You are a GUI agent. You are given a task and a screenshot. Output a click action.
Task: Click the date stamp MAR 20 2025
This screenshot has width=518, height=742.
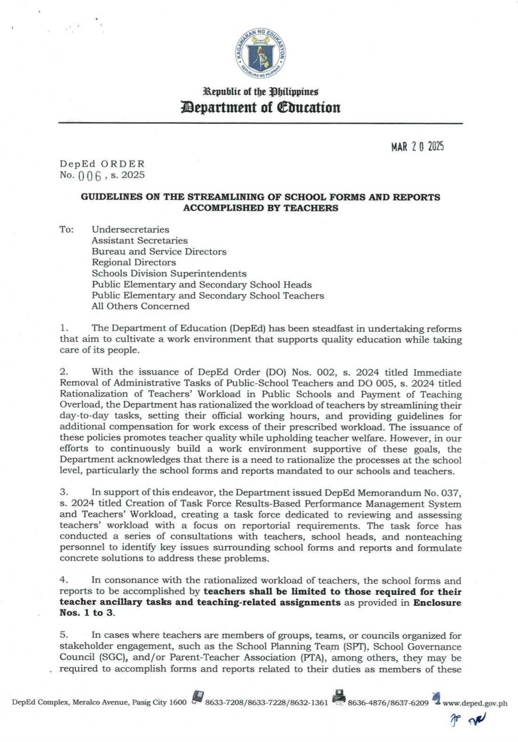click(x=417, y=146)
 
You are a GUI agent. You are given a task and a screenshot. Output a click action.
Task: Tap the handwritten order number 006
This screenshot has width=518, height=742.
click(x=88, y=176)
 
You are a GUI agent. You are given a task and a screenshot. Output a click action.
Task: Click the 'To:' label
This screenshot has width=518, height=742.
click(x=66, y=230)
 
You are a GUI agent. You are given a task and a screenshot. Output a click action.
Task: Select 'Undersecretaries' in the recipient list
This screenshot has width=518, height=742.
click(x=130, y=230)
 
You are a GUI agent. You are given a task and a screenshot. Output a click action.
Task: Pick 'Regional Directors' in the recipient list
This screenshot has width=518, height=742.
click(x=134, y=262)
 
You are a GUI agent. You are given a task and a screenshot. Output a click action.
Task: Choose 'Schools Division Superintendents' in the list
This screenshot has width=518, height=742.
click(x=169, y=274)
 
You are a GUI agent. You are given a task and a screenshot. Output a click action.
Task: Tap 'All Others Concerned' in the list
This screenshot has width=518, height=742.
click(x=140, y=306)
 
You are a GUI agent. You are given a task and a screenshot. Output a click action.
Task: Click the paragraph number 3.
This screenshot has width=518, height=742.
click(x=64, y=492)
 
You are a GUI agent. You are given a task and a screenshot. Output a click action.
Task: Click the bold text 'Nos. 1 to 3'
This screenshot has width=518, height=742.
click(x=87, y=613)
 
